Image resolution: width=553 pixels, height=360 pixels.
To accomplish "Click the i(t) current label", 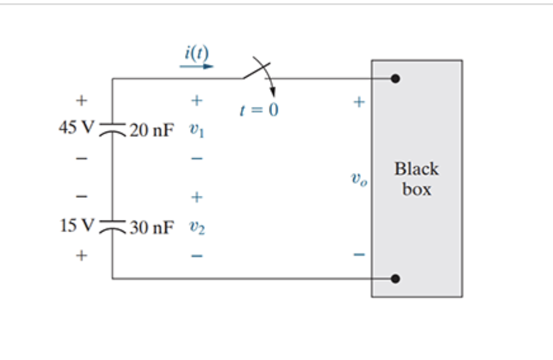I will (196, 52).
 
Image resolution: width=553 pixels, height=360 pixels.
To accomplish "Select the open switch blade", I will (256, 70).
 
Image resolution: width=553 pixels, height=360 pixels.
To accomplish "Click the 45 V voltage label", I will (76, 128).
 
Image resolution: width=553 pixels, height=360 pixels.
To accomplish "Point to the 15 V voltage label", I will (76, 225).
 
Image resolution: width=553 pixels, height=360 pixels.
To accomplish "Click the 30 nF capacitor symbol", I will (113, 226).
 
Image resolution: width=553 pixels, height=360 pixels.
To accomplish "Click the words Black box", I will (416, 179).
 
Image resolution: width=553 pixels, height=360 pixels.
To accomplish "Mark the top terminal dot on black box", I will (395, 79).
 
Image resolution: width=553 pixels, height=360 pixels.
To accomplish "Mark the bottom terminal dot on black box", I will (395, 279).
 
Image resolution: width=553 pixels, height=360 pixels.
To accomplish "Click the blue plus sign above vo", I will (358, 101).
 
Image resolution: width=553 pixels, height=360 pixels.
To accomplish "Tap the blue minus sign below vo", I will (358, 256).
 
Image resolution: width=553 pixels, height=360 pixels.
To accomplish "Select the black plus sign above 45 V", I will (81, 100).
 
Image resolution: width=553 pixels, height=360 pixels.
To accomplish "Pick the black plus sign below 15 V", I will (81, 256).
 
